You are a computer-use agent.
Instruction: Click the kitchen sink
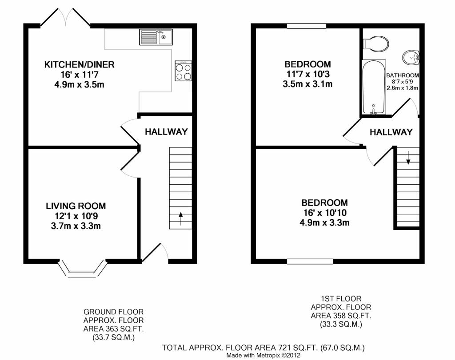(x=156, y=37)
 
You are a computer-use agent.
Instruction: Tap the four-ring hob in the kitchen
(x=184, y=71)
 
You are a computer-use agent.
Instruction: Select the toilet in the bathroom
(x=376, y=44)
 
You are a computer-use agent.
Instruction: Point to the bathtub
(x=374, y=87)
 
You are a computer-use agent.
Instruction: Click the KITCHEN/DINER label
(x=79, y=64)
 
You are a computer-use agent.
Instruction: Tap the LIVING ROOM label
(x=76, y=206)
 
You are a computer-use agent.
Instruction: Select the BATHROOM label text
(x=403, y=75)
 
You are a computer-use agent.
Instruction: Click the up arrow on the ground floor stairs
(x=180, y=218)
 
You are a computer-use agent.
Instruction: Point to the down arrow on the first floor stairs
(x=408, y=158)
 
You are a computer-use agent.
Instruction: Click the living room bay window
(x=83, y=268)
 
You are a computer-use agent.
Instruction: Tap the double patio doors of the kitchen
(x=65, y=17)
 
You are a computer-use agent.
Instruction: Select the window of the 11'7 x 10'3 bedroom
(x=307, y=26)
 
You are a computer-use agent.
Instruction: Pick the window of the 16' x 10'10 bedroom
(x=310, y=261)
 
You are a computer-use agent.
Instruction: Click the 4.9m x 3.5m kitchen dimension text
(x=79, y=85)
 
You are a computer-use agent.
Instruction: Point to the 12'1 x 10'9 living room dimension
(x=76, y=216)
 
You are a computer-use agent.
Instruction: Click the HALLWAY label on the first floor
(x=391, y=132)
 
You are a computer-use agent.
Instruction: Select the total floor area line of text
(x=263, y=348)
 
